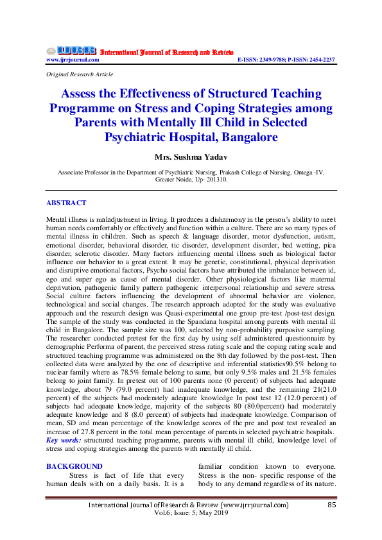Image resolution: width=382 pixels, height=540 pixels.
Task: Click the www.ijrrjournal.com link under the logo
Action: click(x=73, y=60)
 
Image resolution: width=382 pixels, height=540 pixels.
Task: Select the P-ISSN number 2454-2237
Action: click(x=320, y=60)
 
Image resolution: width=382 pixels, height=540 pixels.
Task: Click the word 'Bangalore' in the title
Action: click(x=246, y=137)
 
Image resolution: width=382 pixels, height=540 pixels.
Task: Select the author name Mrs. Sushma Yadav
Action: click(x=191, y=157)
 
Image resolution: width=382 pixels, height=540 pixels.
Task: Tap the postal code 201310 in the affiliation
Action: click(x=213, y=180)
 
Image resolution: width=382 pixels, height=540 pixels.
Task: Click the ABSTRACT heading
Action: click(x=66, y=203)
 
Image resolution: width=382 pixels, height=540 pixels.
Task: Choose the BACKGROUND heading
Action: click(x=74, y=466)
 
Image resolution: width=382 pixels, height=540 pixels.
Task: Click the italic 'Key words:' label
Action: click(x=64, y=440)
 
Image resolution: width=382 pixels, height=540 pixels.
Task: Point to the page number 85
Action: click(x=332, y=505)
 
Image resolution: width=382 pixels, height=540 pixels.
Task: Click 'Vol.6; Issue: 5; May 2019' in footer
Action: click(x=191, y=514)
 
